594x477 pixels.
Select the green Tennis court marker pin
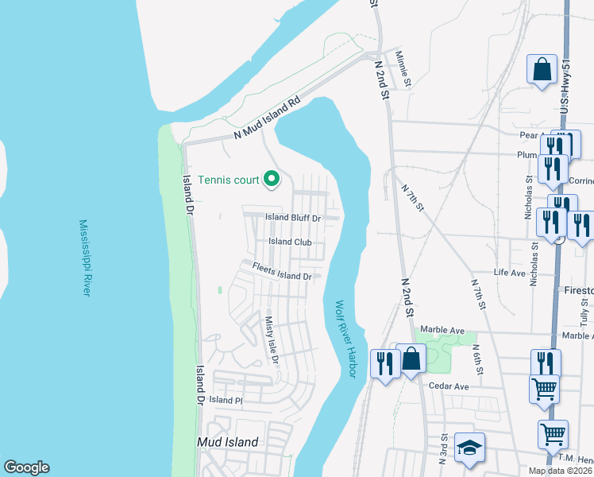click(x=272, y=179)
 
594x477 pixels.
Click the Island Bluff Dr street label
click(x=293, y=218)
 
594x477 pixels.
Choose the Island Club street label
click(x=290, y=242)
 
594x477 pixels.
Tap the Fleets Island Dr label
click(x=281, y=272)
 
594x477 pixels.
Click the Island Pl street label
click(x=225, y=400)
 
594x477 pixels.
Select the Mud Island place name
click(x=228, y=442)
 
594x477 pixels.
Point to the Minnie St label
click(x=403, y=68)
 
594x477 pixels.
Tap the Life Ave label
click(x=510, y=273)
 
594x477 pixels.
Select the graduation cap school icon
click(x=469, y=448)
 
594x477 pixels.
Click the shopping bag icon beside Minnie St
click(x=542, y=69)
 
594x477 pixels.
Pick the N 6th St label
click(x=478, y=359)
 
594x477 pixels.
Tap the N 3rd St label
click(x=443, y=448)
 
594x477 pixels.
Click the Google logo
click(x=26, y=467)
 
